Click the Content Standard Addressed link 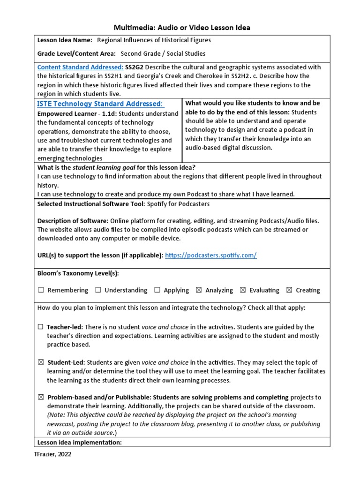(80, 67)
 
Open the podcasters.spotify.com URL (211, 255)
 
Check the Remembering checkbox (41, 290)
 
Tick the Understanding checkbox (98, 290)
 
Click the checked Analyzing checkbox (199, 290)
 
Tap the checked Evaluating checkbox (243, 290)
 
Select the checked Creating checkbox (289, 290)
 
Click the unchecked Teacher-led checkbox (41, 327)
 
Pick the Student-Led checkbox (41, 362)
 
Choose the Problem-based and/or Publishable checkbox (41, 397)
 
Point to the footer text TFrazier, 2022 (52, 454)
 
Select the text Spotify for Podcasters (179, 204)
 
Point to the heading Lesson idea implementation (79, 442)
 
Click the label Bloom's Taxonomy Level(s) (78, 273)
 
